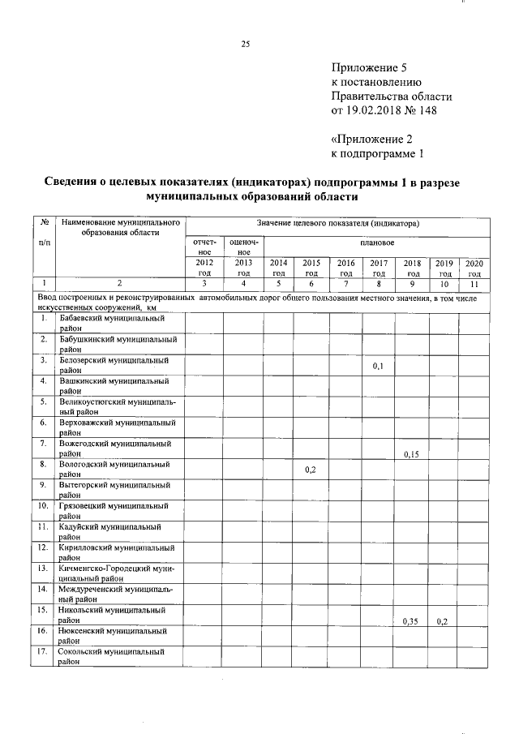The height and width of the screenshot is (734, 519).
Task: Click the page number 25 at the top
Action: coord(244,45)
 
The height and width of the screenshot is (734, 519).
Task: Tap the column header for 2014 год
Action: coord(278,268)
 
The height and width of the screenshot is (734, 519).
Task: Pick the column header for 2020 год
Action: coord(474,268)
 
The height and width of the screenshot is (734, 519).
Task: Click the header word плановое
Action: coord(377,243)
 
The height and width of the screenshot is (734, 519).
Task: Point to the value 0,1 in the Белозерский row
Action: coord(378,367)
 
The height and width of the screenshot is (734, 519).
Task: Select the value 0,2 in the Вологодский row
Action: coord(311,470)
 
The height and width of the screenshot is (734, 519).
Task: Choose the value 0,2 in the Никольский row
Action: coord(443,622)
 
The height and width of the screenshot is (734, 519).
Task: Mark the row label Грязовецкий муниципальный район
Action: coord(114,510)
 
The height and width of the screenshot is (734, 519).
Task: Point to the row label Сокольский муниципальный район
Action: coord(112,656)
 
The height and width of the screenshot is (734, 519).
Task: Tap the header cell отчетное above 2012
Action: coord(204,247)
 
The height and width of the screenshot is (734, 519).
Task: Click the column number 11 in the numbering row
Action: coord(474,283)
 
